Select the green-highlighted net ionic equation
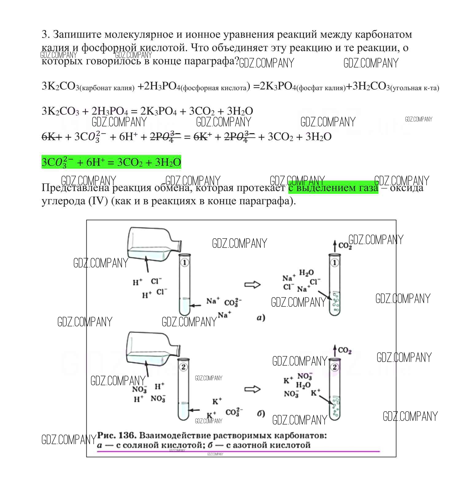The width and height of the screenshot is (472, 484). [111, 162]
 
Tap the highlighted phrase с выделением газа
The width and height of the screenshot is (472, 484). [333, 187]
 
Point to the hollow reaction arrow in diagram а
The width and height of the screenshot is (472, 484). [252, 285]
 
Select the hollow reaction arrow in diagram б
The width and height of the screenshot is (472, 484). [252, 389]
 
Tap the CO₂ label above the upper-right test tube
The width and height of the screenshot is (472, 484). [345, 246]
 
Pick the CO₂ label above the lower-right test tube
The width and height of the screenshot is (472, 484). [344, 350]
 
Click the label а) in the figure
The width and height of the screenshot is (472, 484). [261, 318]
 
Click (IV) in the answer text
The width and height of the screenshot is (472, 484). [98, 201]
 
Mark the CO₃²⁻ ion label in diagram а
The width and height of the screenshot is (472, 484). [233, 303]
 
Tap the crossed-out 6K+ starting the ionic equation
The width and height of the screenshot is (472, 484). [52, 137]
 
